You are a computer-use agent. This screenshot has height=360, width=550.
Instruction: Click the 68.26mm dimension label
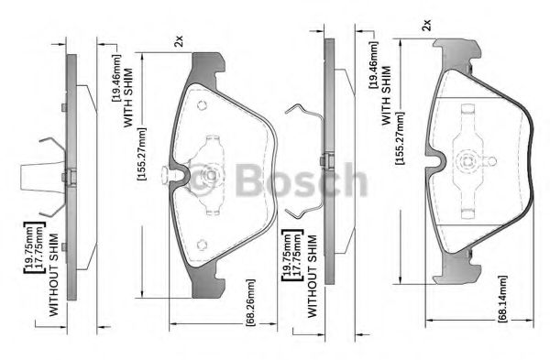coord(251,303)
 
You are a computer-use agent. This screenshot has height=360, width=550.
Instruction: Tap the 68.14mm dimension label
coord(502,299)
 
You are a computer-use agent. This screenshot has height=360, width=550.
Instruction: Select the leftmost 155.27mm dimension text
coord(142,154)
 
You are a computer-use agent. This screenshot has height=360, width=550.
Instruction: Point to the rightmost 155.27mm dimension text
coord(400,137)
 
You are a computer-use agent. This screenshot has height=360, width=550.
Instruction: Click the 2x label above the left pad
coord(179,41)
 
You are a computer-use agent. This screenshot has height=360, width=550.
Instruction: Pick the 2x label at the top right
coord(426,26)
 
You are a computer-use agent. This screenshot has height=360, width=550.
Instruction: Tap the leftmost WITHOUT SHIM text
coord(54,275)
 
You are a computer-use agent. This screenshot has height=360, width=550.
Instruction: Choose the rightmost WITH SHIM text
coord(386,95)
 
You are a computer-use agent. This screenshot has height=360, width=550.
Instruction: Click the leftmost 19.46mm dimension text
coord(116,78)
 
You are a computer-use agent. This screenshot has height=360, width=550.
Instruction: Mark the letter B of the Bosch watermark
coord(248,180)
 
